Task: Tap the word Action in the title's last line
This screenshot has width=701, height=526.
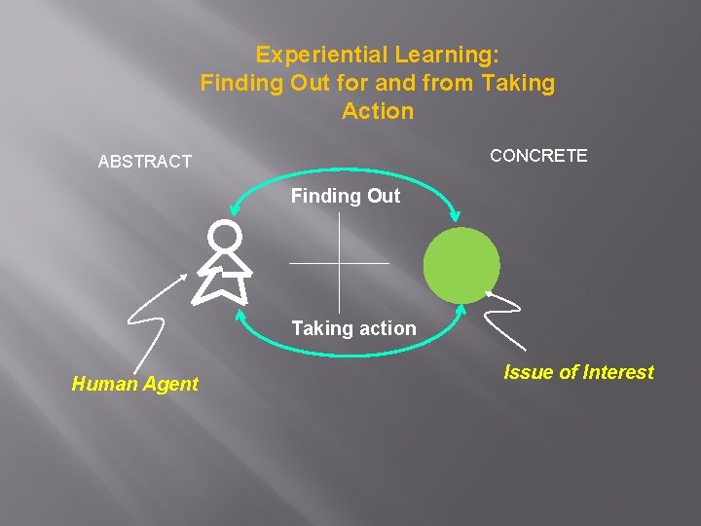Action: pos(378,112)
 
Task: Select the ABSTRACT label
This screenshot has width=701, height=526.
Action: pos(145,162)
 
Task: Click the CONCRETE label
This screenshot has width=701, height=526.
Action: pos(538,156)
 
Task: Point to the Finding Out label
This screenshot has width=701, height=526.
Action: pos(346,196)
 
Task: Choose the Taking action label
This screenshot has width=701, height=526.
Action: pos(353,328)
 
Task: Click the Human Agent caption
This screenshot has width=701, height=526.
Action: pos(134,384)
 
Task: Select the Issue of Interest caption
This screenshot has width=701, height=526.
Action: pos(578,372)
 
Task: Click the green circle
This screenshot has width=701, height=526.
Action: pos(461,265)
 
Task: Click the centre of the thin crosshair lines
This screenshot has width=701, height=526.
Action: pos(339,262)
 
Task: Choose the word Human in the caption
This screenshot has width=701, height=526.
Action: pos(103,384)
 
